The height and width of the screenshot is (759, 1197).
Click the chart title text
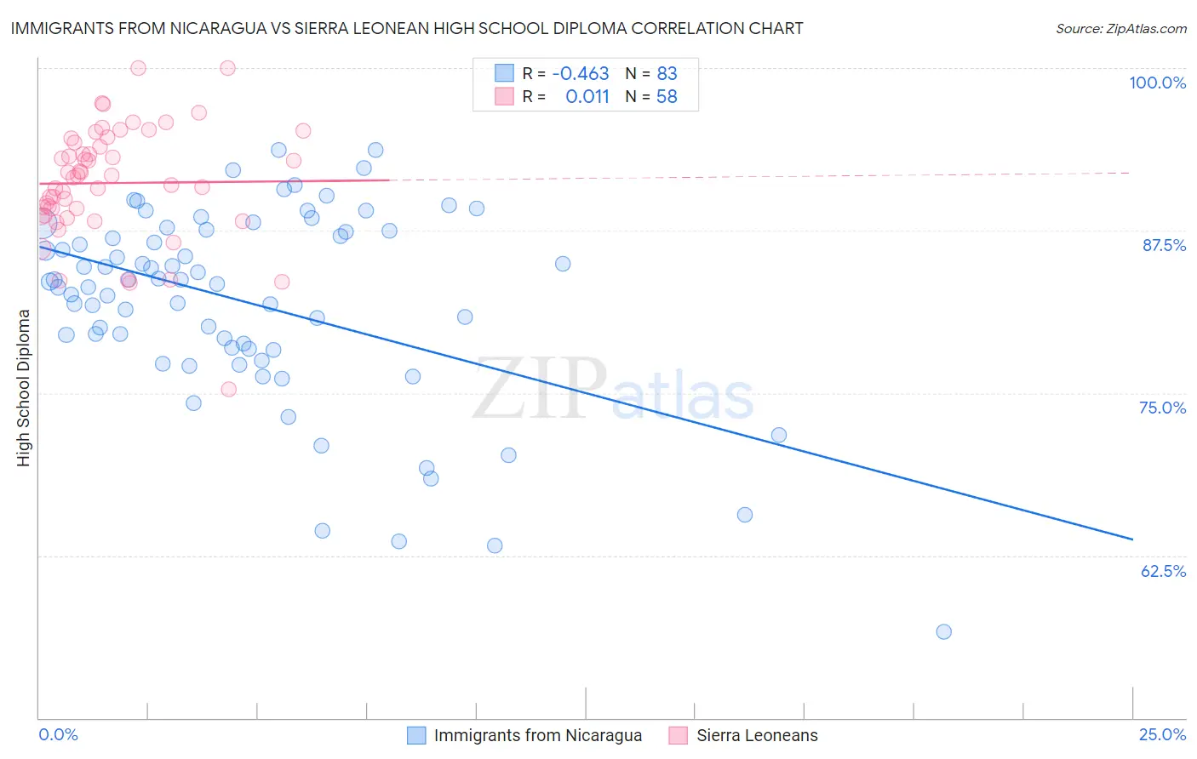pyautogui.click(x=407, y=29)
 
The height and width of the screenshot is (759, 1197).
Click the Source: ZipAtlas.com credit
pyautogui.click(x=1120, y=29)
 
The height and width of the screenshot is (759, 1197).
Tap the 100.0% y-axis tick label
pyautogui.click(x=1157, y=83)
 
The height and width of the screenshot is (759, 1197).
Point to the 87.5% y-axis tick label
pyautogui.click(x=1163, y=245)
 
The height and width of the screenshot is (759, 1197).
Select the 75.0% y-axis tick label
pyautogui.click(x=1162, y=408)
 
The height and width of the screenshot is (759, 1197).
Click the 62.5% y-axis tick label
pyautogui.click(x=1162, y=571)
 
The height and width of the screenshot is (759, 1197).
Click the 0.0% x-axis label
pyautogui.click(x=58, y=734)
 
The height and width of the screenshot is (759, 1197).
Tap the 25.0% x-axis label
pyautogui.click(x=1161, y=734)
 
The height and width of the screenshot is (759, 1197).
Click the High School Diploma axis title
pyautogui.click(x=24, y=387)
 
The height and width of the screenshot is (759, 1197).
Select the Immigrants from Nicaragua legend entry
pyautogui.click(x=537, y=735)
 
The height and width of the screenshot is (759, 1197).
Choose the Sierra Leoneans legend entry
pyautogui.click(x=757, y=735)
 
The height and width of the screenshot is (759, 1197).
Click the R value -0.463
pyautogui.click(x=581, y=74)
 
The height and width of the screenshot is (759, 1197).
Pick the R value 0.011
pyautogui.click(x=587, y=97)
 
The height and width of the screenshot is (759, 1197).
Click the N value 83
pyautogui.click(x=667, y=74)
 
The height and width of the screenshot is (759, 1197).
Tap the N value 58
pyautogui.click(x=667, y=97)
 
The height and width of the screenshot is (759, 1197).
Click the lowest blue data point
pyautogui.click(x=943, y=631)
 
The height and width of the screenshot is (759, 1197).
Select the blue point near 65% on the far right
pyautogui.click(x=745, y=515)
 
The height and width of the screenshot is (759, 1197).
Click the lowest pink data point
pyautogui.click(x=228, y=389)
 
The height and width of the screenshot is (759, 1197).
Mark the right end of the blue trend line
pyautogui.click(x=1132, y=539)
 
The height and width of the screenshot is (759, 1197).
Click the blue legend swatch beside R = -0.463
pyautogui.click(x=505, y=73)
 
